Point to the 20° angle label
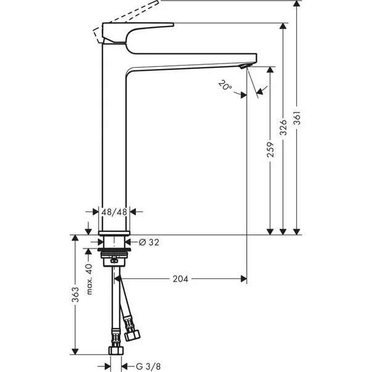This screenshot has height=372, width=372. click(225, 85)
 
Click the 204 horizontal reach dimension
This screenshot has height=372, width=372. click(180, 278)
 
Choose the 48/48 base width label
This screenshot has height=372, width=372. click(115, 211)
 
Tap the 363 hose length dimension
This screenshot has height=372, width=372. click(75, 296)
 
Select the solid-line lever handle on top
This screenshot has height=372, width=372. click(139, 31)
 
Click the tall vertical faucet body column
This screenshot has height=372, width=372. click(114, 142)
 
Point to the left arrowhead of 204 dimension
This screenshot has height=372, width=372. click(117, 278)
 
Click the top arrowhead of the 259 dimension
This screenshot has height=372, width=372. click(270, 70)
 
